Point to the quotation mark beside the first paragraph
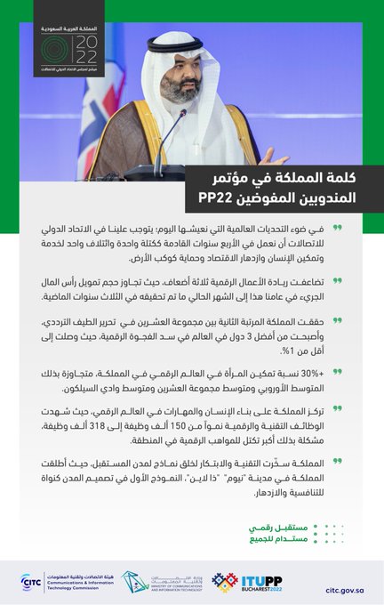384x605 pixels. [363, 228]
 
